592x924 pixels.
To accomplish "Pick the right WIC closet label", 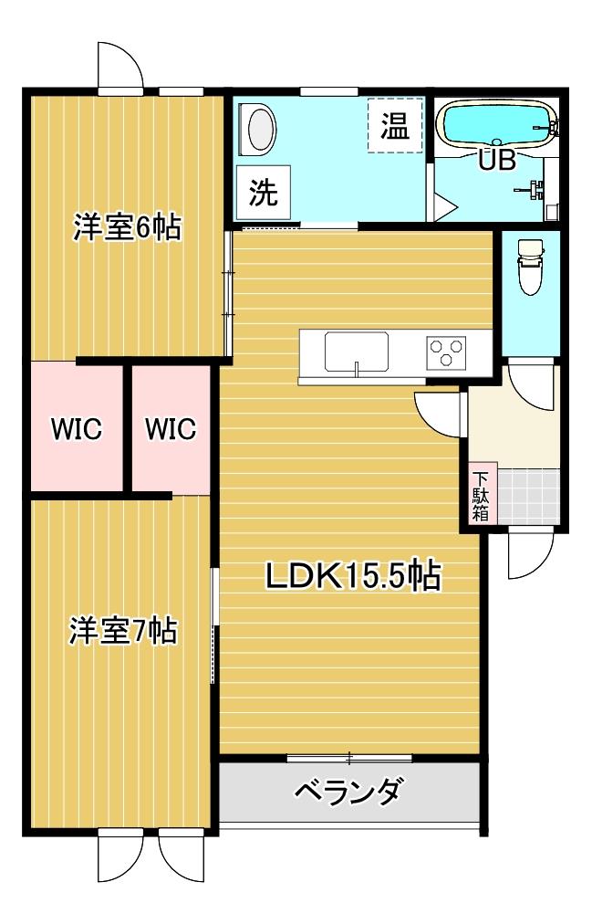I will click(171, 427).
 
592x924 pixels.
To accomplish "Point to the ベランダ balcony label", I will click(348, 791).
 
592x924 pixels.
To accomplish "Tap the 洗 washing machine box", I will click(264, 192).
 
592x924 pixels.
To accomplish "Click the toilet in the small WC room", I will click(529, 267).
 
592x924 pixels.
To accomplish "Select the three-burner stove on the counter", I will click(447, 352).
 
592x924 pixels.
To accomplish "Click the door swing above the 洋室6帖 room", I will click(121, 66).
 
